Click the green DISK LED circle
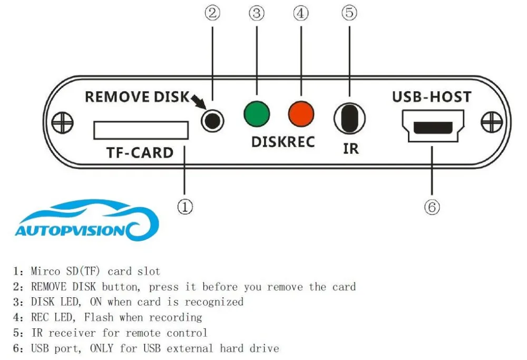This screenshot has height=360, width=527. [257, 114]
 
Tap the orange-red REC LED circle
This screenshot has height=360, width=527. [301, 114]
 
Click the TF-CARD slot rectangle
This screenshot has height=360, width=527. [141, 130]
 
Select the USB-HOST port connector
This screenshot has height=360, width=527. [433, 126]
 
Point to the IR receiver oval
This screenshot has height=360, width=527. [349, 118]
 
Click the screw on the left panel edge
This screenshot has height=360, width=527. [63, 122]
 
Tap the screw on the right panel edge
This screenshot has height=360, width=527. [492, 122]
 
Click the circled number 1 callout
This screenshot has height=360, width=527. [185, 207]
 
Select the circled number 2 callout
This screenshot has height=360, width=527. [212, 13]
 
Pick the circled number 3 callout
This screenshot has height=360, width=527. [257, 13]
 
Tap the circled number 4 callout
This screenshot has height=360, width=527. [301, 13]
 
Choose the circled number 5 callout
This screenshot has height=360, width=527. [349, 13]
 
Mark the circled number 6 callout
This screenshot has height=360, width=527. [432, 207]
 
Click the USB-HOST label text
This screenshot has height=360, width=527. [432, 97]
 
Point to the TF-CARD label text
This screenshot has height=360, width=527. [140, 153]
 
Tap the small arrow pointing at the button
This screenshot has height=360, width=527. [199, 102]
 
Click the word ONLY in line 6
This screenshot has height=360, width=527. [102, 348]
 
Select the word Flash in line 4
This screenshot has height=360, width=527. [99, 317]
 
